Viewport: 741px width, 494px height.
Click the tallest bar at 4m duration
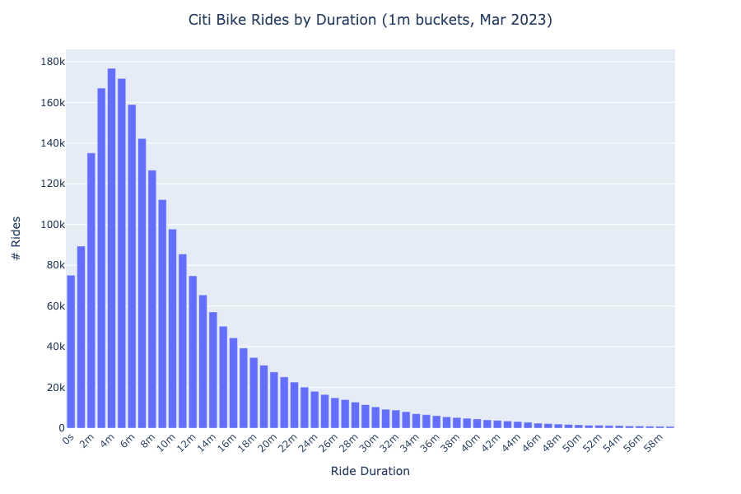(111, 247)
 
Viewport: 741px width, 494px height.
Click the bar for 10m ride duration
(172, 329)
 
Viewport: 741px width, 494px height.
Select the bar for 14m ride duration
(212, 370)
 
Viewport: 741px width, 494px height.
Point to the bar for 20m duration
(273, 400)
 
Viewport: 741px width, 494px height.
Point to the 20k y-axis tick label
(54, 388)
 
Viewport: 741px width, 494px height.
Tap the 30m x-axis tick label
(367, 445)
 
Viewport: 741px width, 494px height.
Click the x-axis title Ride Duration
(370, 472)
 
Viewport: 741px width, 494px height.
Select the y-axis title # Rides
(16, 239)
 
